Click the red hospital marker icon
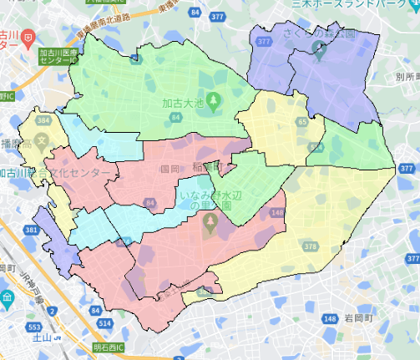tap(28, 38)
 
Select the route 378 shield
tap(310, 246)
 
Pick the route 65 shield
tap(301, 122)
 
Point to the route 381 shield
tap(31, 230)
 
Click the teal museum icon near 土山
tap(6, 298)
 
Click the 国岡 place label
tap(169, 168)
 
